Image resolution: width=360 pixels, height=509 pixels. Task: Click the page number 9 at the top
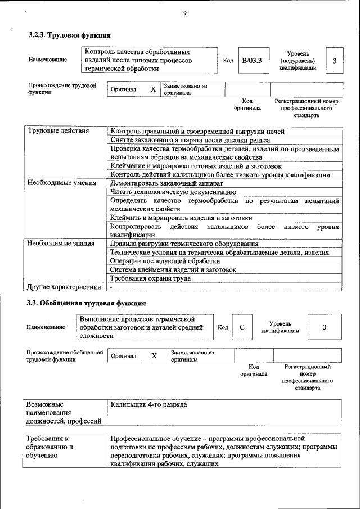pyautogui.click(x=184, y=13)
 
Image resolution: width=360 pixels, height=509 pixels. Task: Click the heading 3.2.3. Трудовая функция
pyautogui.click(x=66, y=35)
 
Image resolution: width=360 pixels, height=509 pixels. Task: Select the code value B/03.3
pyautogui.click(x=251, y=60)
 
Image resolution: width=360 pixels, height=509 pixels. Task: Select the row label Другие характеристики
pyautogui.click(x=64, y=287)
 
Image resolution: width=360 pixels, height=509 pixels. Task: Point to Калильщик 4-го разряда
pyautogui.click(x=148, y=404)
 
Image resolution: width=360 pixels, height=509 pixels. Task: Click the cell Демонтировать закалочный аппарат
pyautogui.click(x=167, y=183)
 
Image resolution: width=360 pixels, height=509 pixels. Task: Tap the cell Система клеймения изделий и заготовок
pyautogui.click(x=173, y=269)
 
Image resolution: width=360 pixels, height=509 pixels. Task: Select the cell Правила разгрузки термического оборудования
pyautogui.click(x=184, y=244)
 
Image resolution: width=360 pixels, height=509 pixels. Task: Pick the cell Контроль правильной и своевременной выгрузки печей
pyautogui.click(x=197, y=131)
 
